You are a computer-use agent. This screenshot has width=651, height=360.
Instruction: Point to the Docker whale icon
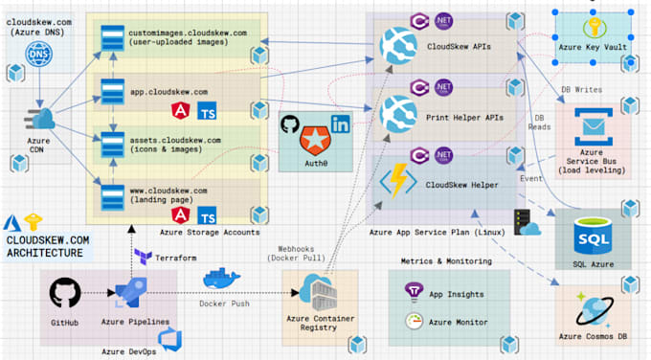click(222, 280)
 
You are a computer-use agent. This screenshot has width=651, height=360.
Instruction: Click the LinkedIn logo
click(340, 124)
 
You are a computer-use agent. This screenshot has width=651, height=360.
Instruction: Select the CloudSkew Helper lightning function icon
click(396, 182)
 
